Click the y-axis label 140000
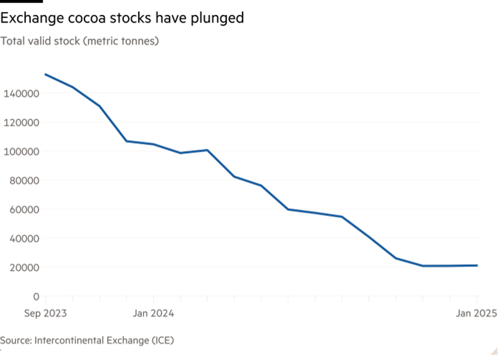click(21, 94)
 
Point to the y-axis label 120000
click(21, 122)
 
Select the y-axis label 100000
click(21, 152)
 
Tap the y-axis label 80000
click(23, 181)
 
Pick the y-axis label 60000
click(23, 209)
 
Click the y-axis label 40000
click(23, 239)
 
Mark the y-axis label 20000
click(23, 267)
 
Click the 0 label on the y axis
click(36, 296)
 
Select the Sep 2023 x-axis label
click(45, 313)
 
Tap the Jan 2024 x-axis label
click(154, 313)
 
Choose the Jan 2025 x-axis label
click(476, 313)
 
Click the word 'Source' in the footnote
click(15, 340)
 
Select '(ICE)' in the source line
click(162, 340)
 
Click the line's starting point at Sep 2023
click(46, 75)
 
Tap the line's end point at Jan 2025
click(477, 265)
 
